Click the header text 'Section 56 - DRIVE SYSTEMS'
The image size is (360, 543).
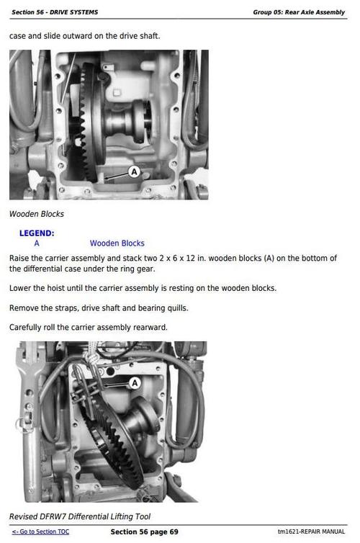coord(55,12)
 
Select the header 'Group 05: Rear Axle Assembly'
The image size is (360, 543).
coord(299,12)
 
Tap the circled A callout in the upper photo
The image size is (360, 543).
coord(134,171)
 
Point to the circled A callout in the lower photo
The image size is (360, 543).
coord(134,383)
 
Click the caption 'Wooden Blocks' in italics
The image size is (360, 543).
coord(37,214)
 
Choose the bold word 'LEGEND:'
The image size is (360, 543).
coord(37,233)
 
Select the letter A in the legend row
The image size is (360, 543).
coord(37,243)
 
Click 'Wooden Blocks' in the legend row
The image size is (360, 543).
coord(117,243)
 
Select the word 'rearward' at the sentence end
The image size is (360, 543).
coord(149,327)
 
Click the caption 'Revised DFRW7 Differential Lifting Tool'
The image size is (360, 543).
coord(80,516)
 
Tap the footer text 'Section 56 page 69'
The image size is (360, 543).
coord(144,532)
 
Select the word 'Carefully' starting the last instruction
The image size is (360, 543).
coord(28,327)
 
